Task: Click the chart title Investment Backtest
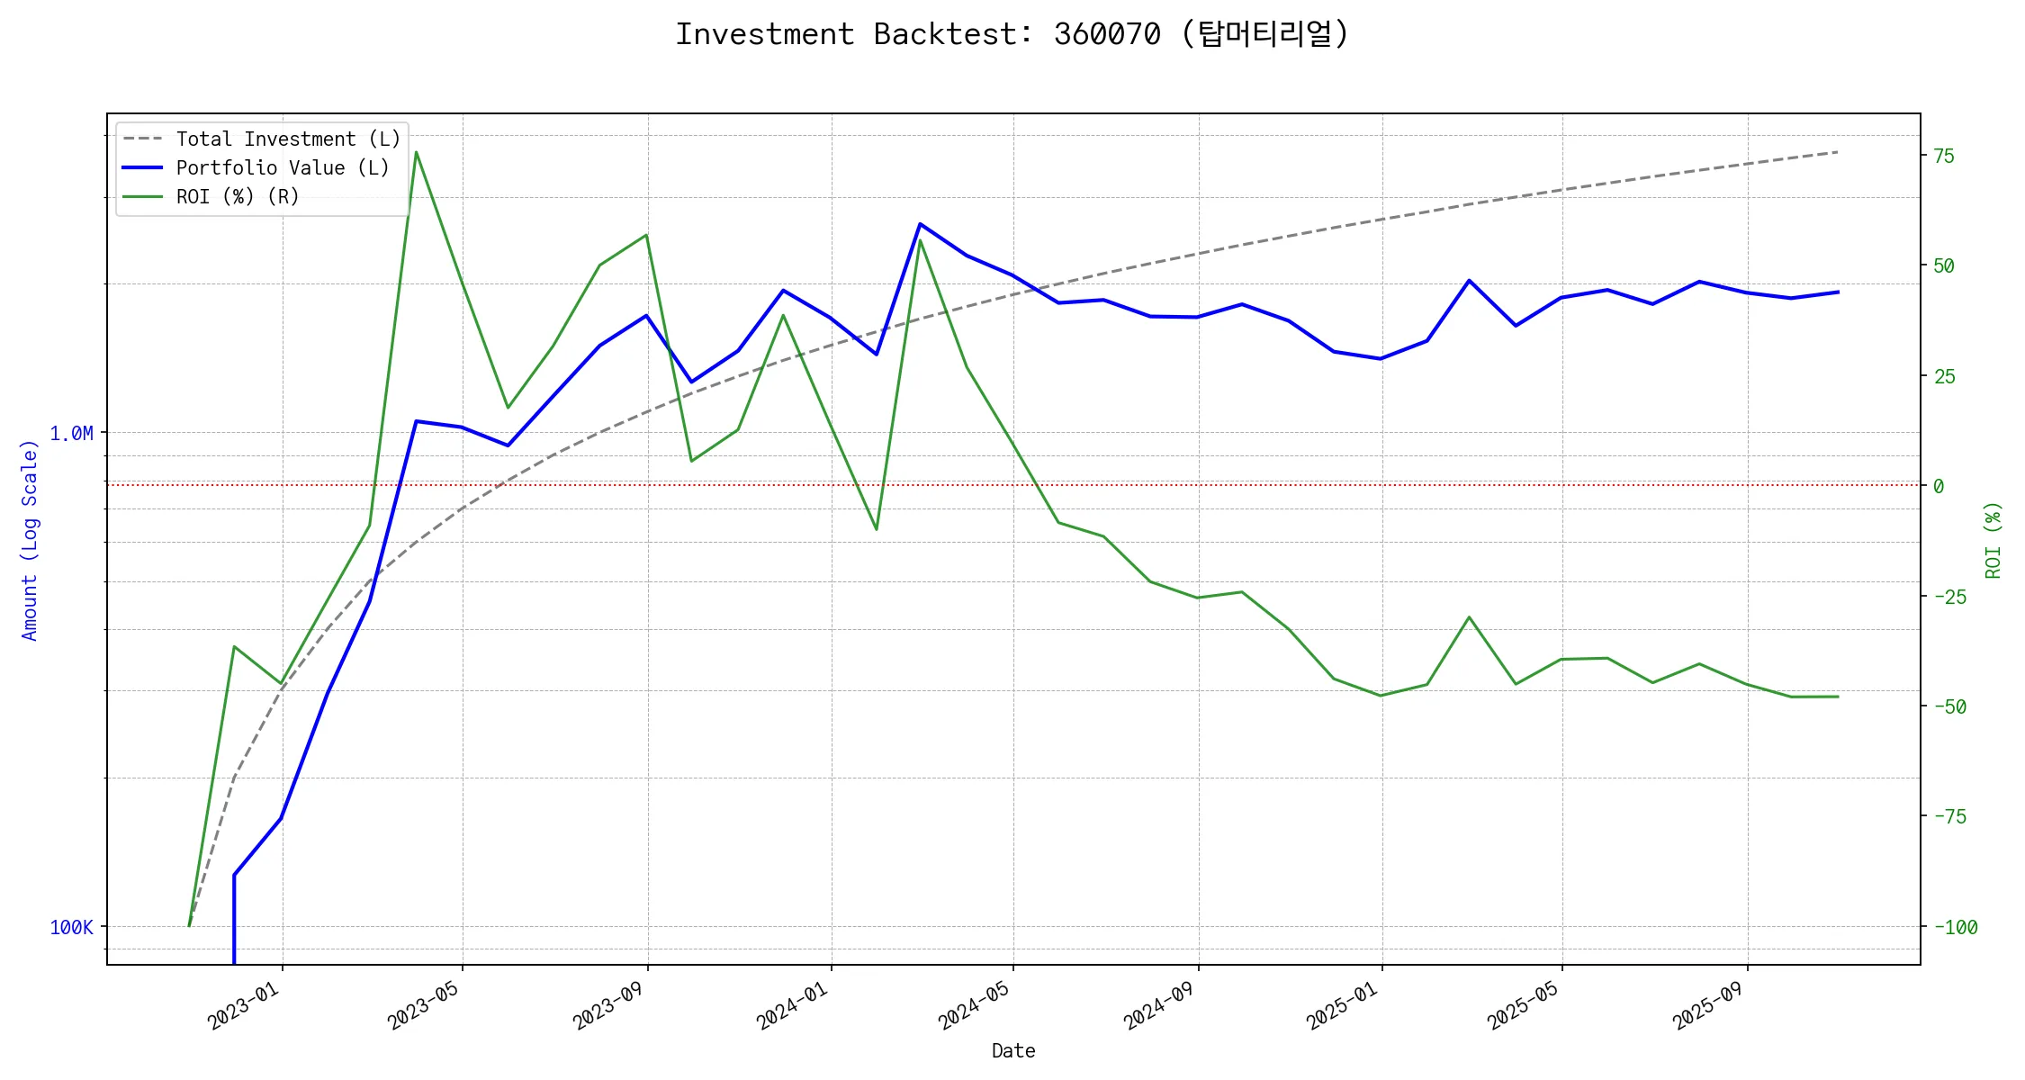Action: (1012, 34)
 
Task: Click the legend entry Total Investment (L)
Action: (288, 139)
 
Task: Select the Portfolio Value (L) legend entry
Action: (283, 168)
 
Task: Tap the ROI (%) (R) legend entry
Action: (238, 197)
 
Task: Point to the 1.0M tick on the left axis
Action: (71, 434)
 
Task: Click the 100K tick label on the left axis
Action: (71, 928)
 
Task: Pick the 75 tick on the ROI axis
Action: (1944, 156)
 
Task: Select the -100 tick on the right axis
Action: (1955, 928)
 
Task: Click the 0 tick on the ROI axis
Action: (1939, 486)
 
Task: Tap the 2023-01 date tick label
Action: (243, 1006)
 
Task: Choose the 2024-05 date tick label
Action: (974, 1006)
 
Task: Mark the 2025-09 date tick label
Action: (1708, 1006)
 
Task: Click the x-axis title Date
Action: (1013, 1051)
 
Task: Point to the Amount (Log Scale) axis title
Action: (30, 540)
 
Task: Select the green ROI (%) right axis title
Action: (1993, 540)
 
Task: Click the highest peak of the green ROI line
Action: (416, 152)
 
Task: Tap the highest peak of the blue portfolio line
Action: (920, 223)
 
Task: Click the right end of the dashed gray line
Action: (1838, 152)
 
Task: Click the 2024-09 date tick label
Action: (1159, 1006)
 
